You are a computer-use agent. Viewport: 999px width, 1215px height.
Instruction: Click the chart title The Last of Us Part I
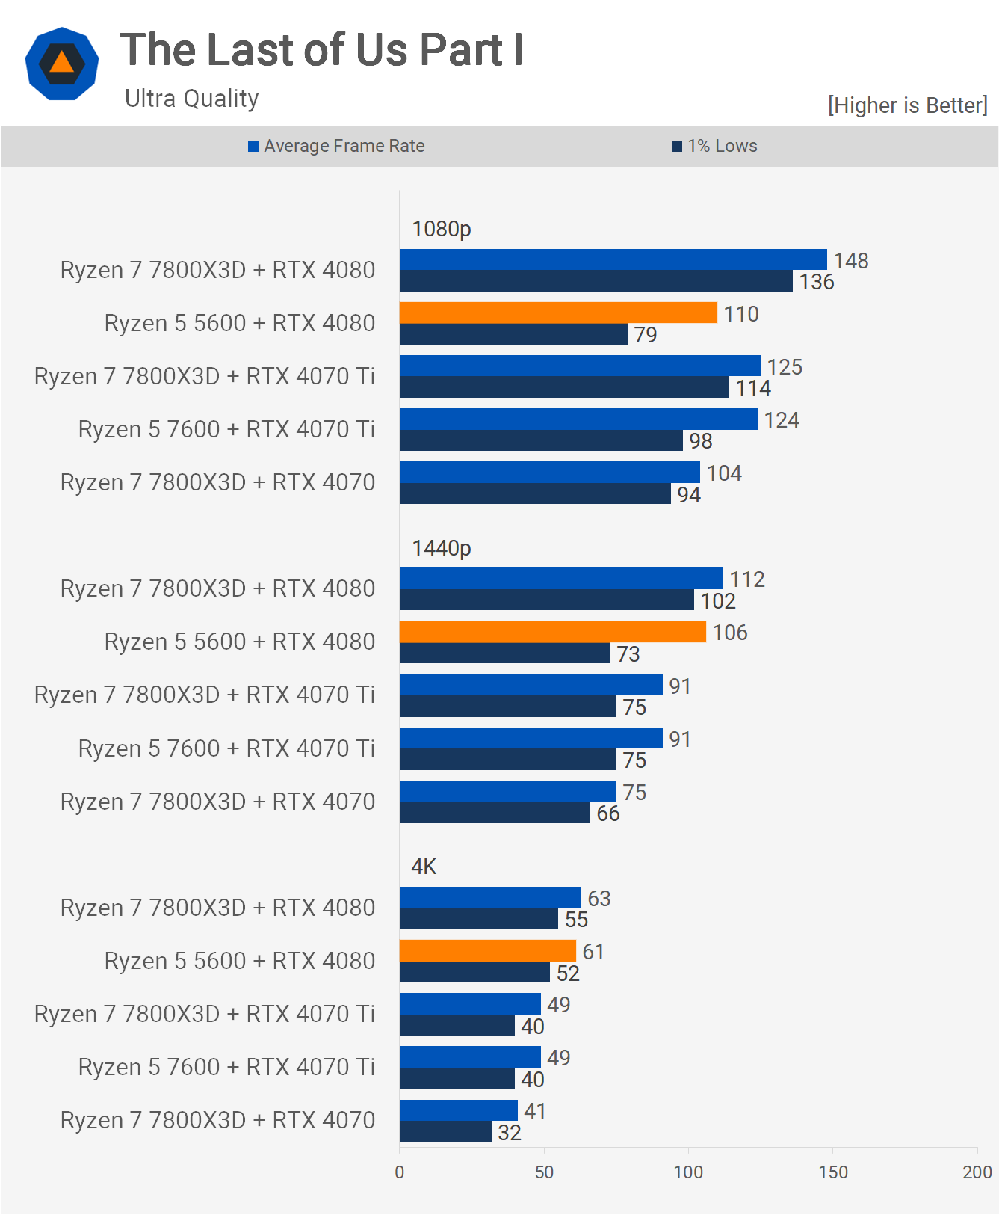[x=321, y=50]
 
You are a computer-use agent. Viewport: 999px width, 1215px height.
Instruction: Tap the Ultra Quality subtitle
[x=191, y=99]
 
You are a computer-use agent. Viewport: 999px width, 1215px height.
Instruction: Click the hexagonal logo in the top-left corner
[x=62, y=64]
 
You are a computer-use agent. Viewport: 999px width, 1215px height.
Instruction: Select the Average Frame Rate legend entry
[x=336, y=146]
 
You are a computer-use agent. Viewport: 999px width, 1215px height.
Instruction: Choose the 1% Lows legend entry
[x=714, y=146]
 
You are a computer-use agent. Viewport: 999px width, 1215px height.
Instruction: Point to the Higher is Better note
[x=907, y=105]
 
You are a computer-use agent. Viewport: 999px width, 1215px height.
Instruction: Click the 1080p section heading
[x=442, y=229]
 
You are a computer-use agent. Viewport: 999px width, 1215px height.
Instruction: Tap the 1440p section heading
[x=442, y=548]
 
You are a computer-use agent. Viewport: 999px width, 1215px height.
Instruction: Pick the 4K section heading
[x=424, y=867]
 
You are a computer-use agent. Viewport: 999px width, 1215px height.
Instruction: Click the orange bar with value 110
[x=558, y=313]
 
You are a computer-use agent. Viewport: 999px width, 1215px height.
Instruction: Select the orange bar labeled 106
[x=552, y=632]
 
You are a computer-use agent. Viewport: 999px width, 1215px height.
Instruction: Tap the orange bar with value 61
[x=487, y=951]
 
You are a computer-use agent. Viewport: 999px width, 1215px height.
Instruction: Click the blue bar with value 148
[x=613, y=259]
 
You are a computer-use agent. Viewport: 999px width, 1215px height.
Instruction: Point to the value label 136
[x=816, y=282]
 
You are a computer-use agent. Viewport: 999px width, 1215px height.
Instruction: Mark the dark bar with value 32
[x=445, y=1132]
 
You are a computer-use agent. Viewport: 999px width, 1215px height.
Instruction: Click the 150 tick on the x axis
[x=832, y=1172]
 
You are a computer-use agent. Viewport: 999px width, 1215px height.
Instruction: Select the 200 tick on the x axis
[x=977, y=1172]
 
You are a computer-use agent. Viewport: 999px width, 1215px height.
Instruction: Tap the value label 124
[x=782, y=420]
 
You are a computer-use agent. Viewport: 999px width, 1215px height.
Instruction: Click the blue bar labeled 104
[x=549, y=472]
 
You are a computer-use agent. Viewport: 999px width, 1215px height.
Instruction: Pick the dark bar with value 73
[x=504, y=653]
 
